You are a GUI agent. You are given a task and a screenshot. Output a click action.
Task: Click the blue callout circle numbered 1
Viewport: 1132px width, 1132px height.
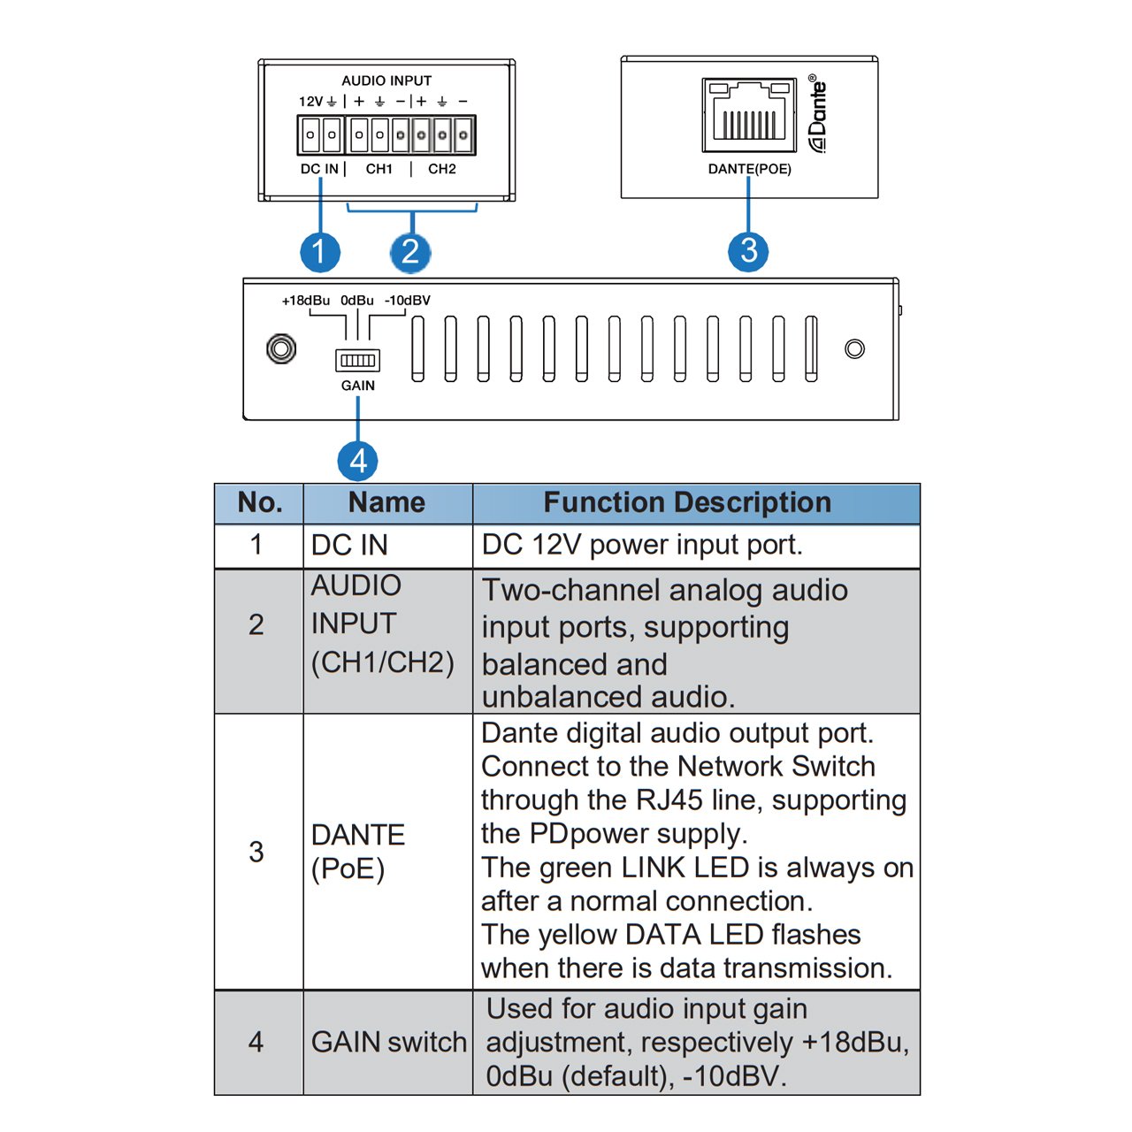319,252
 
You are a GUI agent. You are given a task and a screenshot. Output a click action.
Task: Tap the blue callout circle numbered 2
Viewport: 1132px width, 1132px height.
410,252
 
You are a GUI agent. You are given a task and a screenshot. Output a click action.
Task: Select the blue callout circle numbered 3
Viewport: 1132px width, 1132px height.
748,251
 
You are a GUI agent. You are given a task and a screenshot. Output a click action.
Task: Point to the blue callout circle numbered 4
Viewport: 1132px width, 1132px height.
357,461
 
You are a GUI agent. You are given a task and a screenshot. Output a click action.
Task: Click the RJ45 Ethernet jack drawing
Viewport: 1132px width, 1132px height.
748,115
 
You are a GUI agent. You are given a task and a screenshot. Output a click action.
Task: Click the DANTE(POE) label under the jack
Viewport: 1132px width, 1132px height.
749,169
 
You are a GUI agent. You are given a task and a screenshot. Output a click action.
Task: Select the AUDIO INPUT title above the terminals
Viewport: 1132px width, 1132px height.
386,80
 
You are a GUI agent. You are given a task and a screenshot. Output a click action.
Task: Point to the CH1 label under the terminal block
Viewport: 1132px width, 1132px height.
379,169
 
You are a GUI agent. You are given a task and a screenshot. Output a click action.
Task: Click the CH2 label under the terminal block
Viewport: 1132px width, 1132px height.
442,169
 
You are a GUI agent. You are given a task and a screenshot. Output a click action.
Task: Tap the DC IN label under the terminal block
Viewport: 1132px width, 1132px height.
319,169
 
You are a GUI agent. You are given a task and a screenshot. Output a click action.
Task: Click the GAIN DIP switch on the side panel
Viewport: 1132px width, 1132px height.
357,360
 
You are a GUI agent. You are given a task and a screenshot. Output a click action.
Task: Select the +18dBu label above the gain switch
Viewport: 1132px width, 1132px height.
305,301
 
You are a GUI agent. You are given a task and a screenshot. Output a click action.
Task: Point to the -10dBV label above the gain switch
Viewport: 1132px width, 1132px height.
407,301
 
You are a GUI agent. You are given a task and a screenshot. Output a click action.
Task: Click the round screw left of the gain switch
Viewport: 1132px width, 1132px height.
281,348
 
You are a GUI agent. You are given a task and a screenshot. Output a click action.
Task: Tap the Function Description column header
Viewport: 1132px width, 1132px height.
687,503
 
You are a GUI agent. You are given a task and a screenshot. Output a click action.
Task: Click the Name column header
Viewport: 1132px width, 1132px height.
386,503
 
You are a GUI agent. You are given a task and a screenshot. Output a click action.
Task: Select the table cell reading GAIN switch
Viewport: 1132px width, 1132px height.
388,1043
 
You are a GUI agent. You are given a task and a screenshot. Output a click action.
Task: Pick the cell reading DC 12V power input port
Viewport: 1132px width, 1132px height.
642,545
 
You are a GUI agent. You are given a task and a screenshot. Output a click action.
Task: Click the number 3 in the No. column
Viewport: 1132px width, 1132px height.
256,852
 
